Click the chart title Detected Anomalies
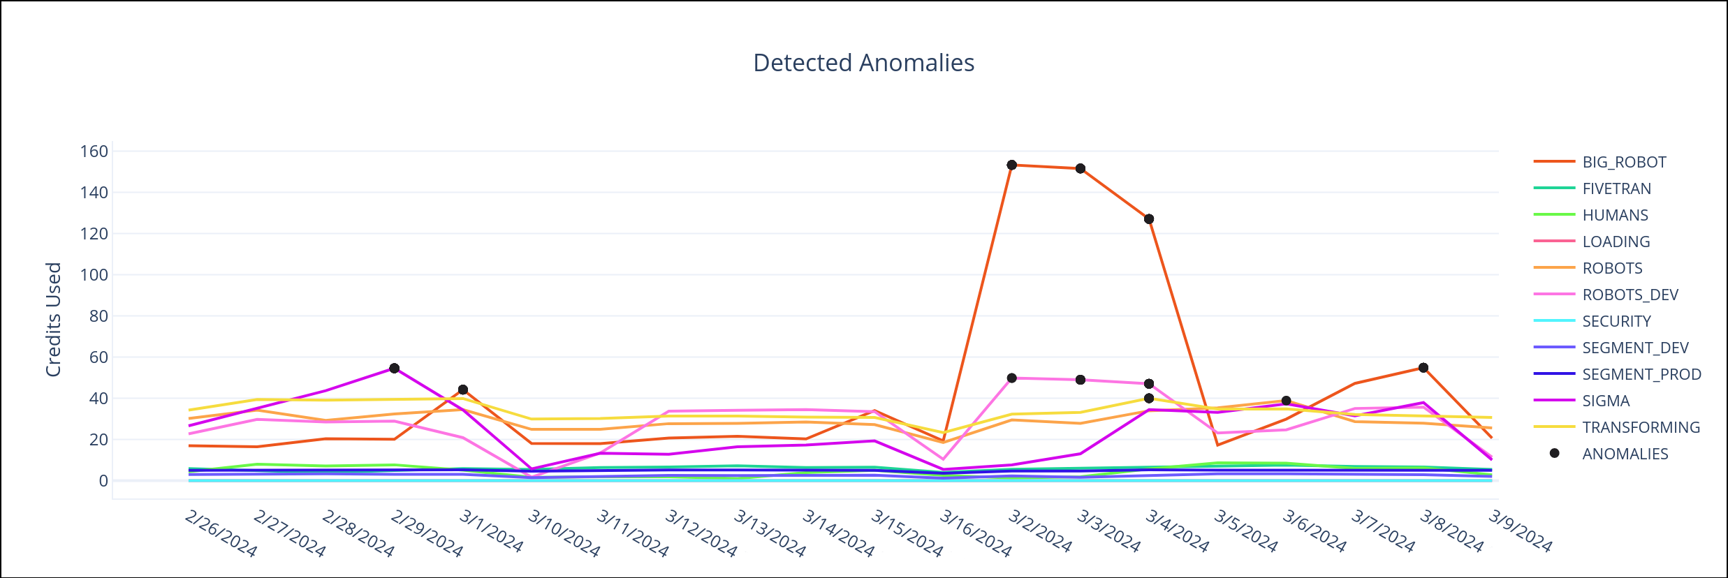tap(863, 63)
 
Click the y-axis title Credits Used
tap(54, 320)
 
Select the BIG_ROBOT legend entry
tap(1623, 162)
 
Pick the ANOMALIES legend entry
tap(1625, 454)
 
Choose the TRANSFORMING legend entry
tap(1640, 427)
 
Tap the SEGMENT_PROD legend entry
tap(1641, 374)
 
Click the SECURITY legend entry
tap(1616, 321)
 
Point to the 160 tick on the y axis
tap(94, 151)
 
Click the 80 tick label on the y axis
tap(98, 316)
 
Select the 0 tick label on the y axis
tap(103, 481)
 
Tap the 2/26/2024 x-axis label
tap(221, 534)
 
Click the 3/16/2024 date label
tap(975, 534)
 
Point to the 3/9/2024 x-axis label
tap(1520, 532)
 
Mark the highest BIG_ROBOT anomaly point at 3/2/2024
tap(1011, 165)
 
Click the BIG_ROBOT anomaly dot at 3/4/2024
tap(1149, 219)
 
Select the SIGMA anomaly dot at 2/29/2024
tap(394, 368)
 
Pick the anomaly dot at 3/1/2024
tap(463, 390)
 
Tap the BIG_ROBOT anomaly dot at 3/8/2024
tap(1423, 368)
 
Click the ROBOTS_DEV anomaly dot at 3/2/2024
tap(1011, 378)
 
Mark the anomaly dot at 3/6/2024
tap(1286, 401)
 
